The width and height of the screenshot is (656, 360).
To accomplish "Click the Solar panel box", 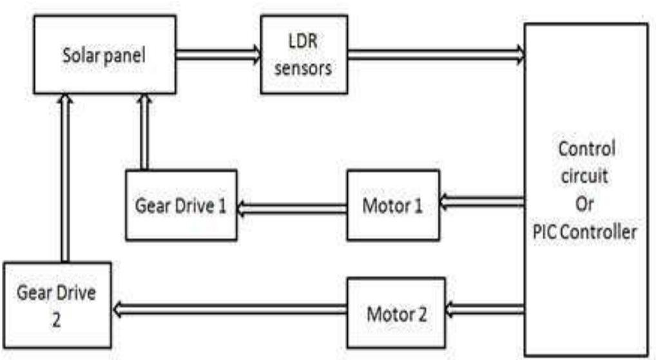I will click(104, 55).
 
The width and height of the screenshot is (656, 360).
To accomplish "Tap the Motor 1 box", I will click(392, 205).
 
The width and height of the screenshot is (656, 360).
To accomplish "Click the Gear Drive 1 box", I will click(181, 205).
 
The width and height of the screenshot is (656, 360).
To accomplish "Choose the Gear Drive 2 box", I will click(57, 306).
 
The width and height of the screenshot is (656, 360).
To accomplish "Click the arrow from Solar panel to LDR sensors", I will click(218, 55).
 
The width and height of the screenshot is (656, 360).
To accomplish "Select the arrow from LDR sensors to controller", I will click(436, 55).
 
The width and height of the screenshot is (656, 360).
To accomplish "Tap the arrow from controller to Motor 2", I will click(484, 310).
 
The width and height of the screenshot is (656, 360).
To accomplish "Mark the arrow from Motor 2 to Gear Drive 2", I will click(229, 310).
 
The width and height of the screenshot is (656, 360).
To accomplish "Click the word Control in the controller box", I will click(586, 149).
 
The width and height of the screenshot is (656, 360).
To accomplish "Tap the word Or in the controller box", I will click(586, 204).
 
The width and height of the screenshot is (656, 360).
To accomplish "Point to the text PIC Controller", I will click(586, 231).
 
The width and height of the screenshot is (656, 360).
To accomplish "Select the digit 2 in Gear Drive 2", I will click(56, 320).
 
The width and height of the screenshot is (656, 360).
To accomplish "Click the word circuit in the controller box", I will click(586, 176).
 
